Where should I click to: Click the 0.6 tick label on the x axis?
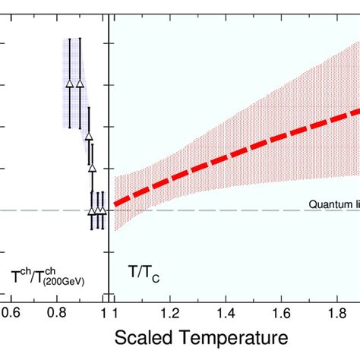point(14,311)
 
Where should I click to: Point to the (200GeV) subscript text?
point(63,282)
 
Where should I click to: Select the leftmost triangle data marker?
point(70,84)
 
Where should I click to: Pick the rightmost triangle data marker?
point(102,211)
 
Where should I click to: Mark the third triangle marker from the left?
point(88,137)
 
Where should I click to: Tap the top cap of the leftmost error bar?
point(70,38)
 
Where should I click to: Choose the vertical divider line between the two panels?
point(109,152)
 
